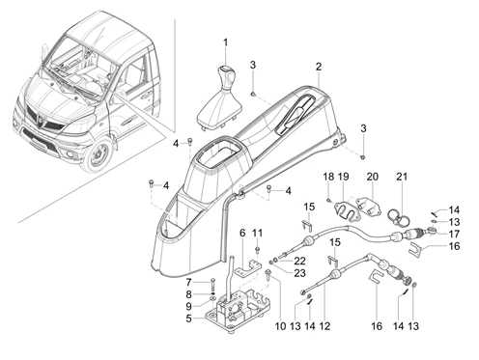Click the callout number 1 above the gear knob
(x=225, y=42)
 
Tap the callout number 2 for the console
(x=319, y=67)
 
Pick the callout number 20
(x=373, y=177)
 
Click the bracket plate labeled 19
(x=343, y=210)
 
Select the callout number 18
(x=328, y=177)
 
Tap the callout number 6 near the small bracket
(x=242, y=233)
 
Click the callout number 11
(x=257, y=233)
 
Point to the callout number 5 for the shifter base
(x=188, y=318)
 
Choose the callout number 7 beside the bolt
(x=188, y=283)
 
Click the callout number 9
(x=188, y=306)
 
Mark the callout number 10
(x=280, y=326)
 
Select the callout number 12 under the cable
(x=324, y=326)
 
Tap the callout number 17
(x=454, y=234)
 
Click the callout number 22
(x=299, y=261)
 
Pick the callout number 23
(x=299, y=273)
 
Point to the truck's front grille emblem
(x=42, y=122)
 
